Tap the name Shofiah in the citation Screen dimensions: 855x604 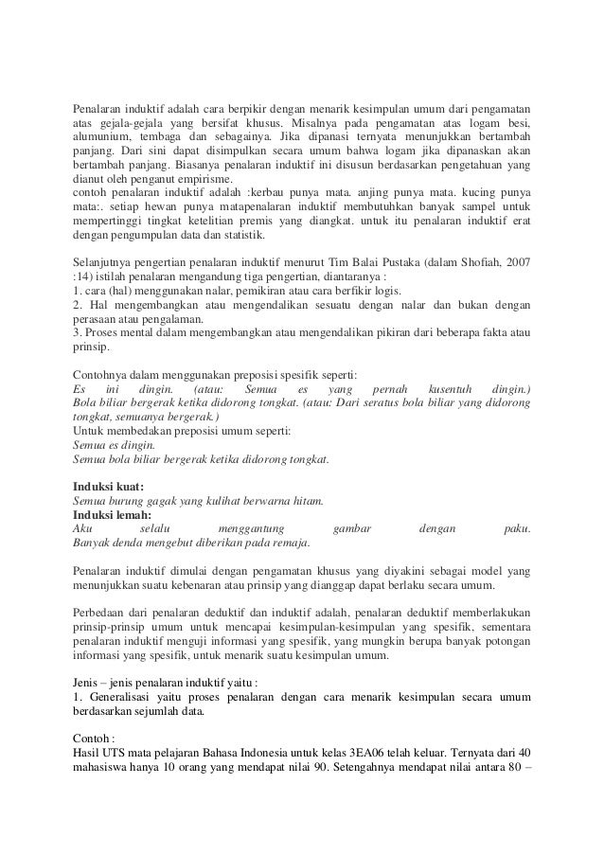[471, 260]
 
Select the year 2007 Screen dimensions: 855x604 [515, 260]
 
